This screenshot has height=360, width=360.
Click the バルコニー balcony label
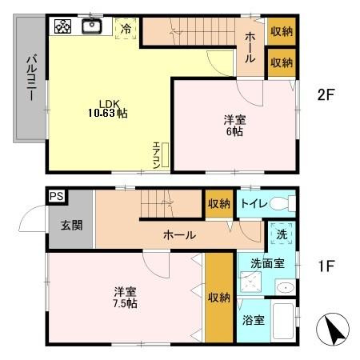30,76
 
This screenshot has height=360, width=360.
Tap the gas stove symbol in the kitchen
63,26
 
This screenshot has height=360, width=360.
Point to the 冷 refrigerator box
126,28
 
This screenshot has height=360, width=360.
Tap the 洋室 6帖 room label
234,126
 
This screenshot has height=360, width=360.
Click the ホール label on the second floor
250,42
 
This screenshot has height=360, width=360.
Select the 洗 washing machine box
282,235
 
